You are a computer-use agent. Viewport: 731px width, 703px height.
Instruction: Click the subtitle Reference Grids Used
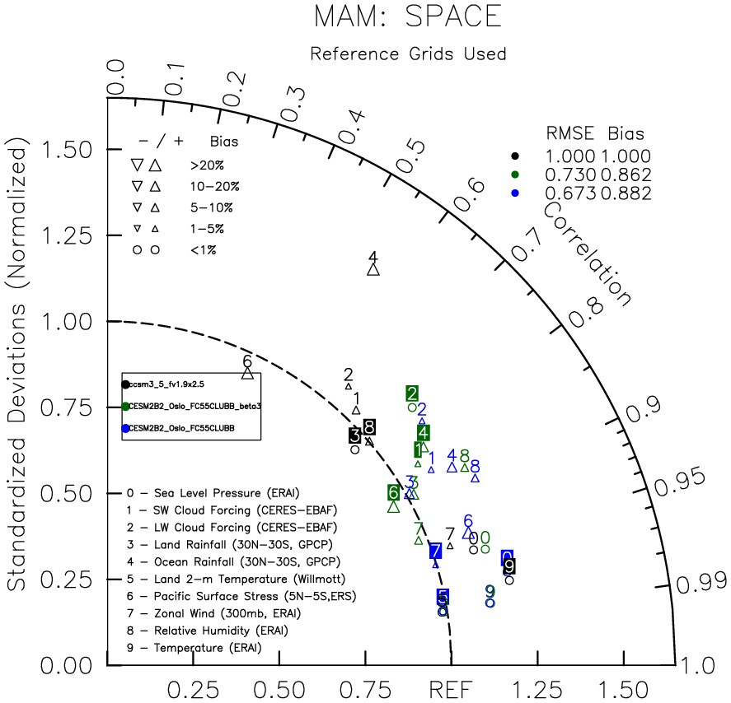pos(408,54)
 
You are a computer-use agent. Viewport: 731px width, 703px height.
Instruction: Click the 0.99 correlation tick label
pos(697,584)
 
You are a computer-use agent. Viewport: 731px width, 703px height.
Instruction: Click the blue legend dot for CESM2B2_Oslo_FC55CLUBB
pos(125,428)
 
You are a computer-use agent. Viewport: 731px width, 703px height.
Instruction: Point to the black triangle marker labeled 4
pos(373,268)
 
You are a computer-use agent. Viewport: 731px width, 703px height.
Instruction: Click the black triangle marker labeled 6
pos(247,373)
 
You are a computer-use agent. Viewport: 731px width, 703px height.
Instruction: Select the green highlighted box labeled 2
pos(412,393)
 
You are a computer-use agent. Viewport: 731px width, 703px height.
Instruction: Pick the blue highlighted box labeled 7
pos(435,551)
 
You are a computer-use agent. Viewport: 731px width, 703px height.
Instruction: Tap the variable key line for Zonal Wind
pos(213,613)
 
